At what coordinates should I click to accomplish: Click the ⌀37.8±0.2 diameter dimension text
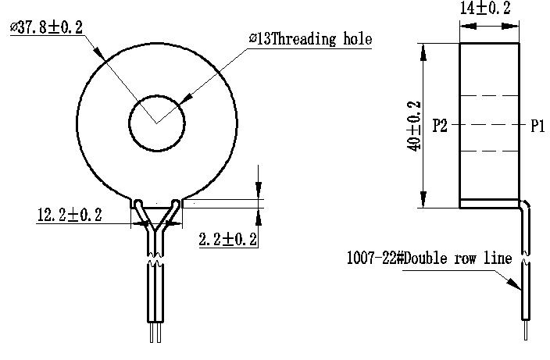47,27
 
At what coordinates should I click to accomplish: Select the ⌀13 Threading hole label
310,39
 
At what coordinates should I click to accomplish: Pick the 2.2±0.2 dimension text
228,239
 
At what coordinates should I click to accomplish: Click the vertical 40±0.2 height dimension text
414,125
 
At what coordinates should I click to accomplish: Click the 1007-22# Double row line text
429,258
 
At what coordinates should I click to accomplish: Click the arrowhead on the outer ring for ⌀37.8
99,55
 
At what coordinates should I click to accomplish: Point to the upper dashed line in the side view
489,96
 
